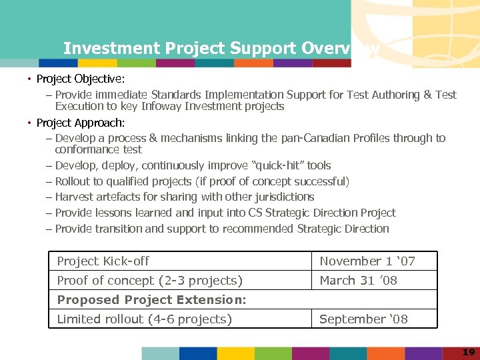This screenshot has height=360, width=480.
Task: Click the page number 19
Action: pyautogui.click(x=468, y=351)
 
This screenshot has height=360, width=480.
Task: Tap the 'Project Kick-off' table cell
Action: pyautogui.click(x=103, y=261)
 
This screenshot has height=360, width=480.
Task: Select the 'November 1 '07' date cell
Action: pyautogui.click(x=367, y=261)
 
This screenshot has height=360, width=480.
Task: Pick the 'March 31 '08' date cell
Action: pyautogui.click(x=359, y=281)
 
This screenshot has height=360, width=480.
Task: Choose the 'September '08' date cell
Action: pyautogui.click(x=363, y=319)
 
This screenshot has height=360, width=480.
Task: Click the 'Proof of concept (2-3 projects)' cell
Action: pyautogui.click(x=150, y=281)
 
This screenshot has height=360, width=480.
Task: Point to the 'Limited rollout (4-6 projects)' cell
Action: pyautogui.click(x=145, y=319)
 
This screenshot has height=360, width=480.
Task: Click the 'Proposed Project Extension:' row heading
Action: pyautogui.click(x=152, y=300)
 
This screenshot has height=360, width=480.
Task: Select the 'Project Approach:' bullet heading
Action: pyautogui.click(x=81, y=123)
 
